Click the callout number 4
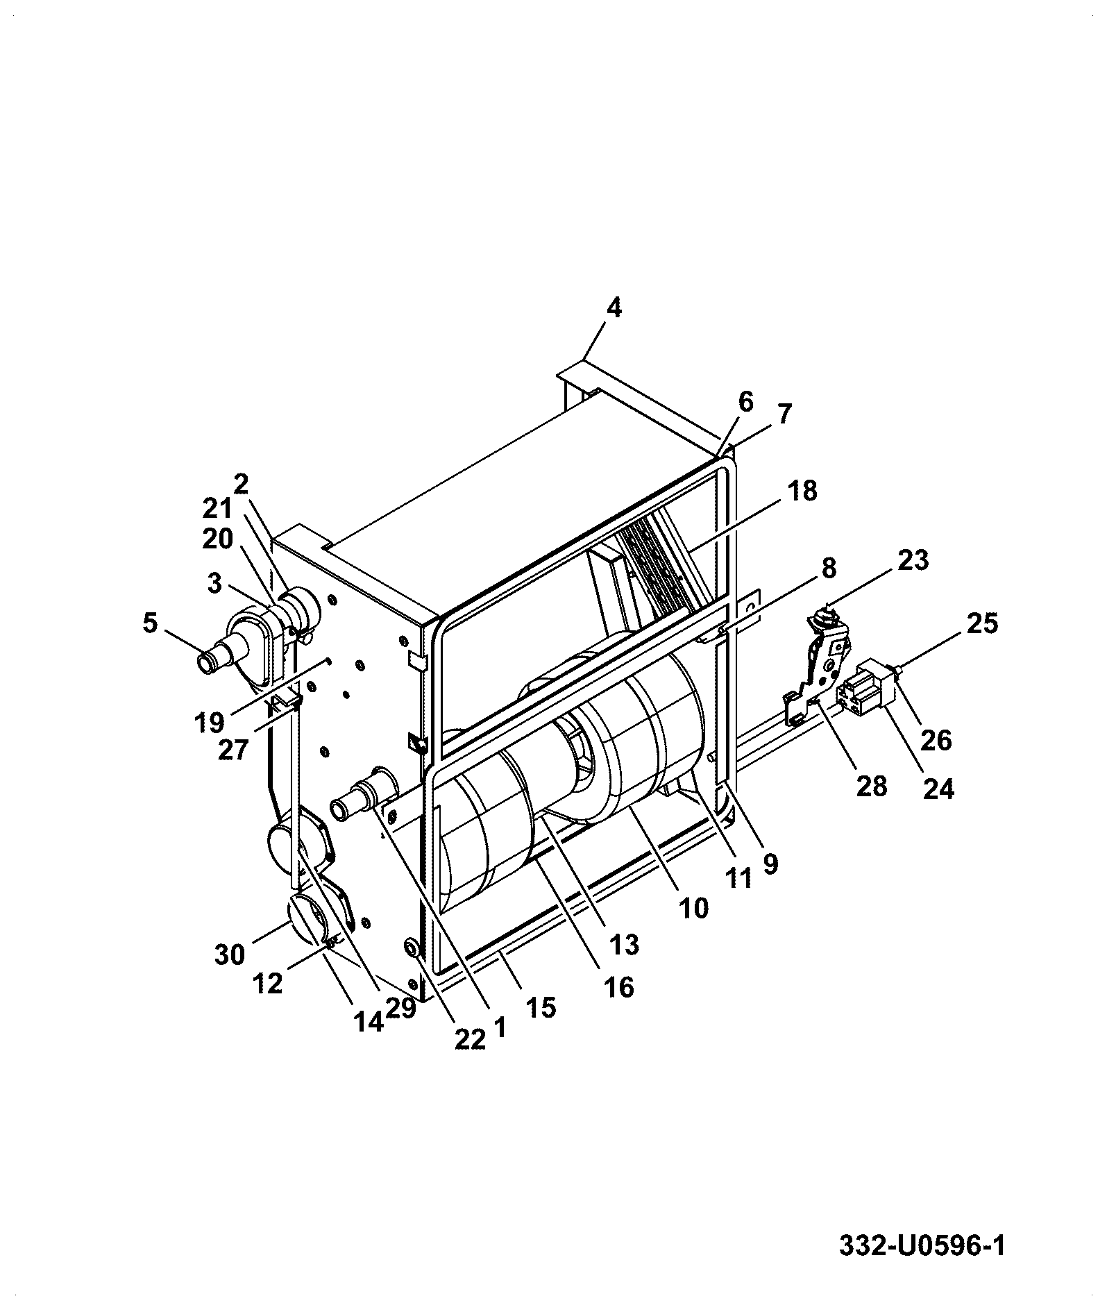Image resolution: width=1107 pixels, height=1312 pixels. pyautogui.click(x=614, y=308)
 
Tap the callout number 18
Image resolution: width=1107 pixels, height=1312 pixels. pyautogui.click(x=802, y=491)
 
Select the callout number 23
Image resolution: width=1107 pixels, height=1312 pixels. pyautogui.click(x=913, y=560)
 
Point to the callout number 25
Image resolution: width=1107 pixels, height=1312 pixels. pyautogui.click(x=981, y=623)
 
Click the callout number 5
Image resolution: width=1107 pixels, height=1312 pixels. pyautogui.click(x=150, y=623)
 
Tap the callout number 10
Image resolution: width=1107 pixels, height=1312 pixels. pyautogui.click(x=693, y=907)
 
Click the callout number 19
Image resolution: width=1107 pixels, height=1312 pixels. pyautogui.click(x=209, y=723)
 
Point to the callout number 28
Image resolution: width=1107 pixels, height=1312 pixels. pyautogui.click(x=872, y=787)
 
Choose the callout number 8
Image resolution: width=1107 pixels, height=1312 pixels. pyautogui.click(x=828, y=569)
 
